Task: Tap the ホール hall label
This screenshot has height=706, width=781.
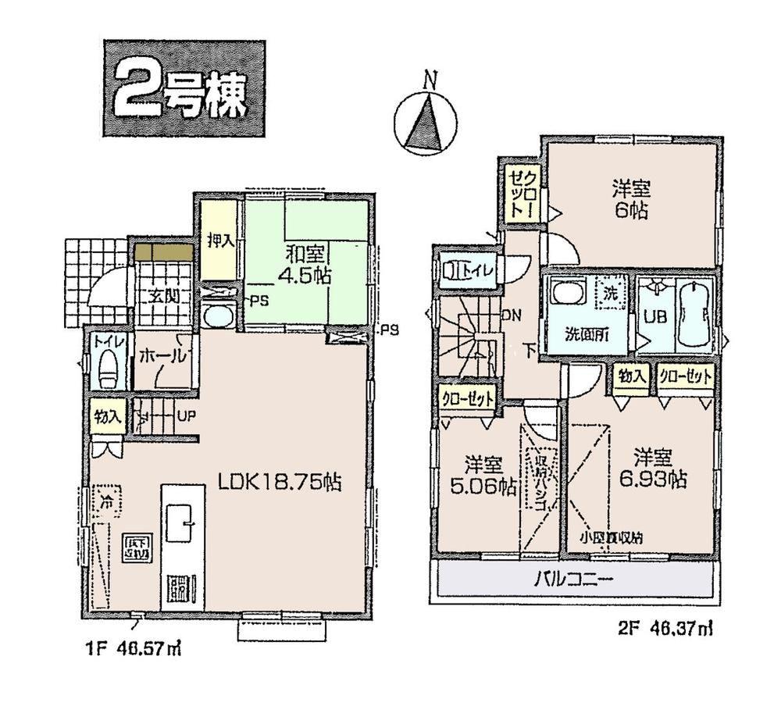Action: pos(162,356)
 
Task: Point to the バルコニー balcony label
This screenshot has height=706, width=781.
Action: pos(574,579)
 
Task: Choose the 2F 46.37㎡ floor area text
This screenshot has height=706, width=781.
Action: pos(663,626)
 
